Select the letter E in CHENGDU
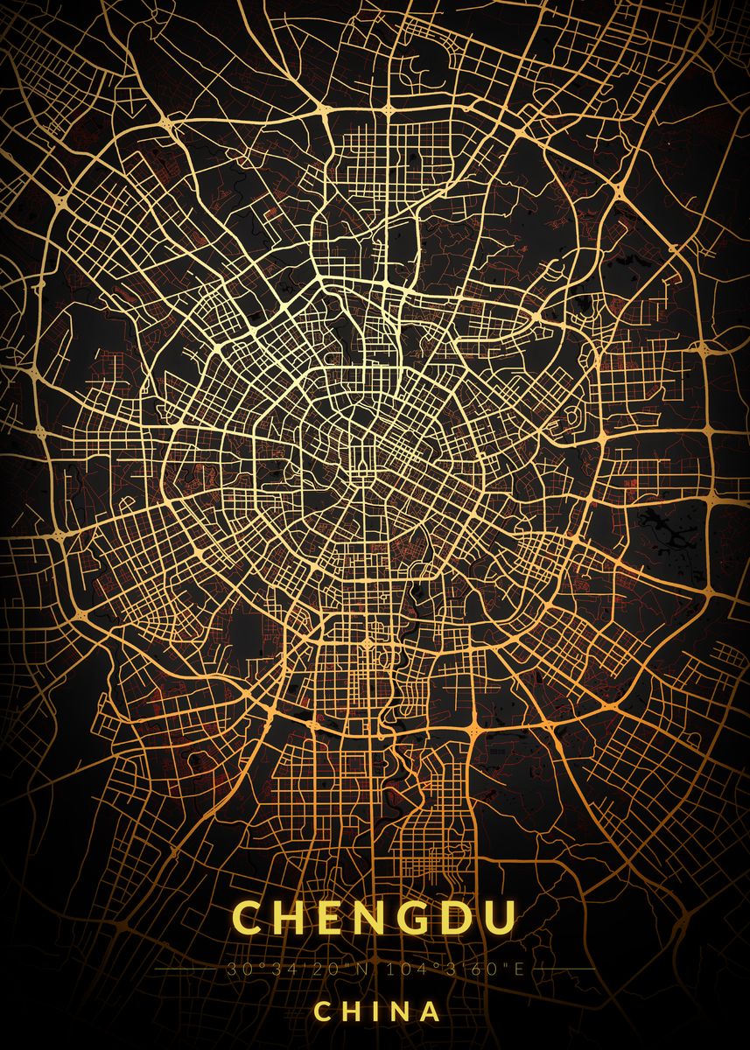333,918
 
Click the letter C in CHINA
322,1011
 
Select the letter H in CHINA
351,1011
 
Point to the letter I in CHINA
374,1011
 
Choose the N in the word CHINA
397,1011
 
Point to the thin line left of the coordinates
188,970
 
